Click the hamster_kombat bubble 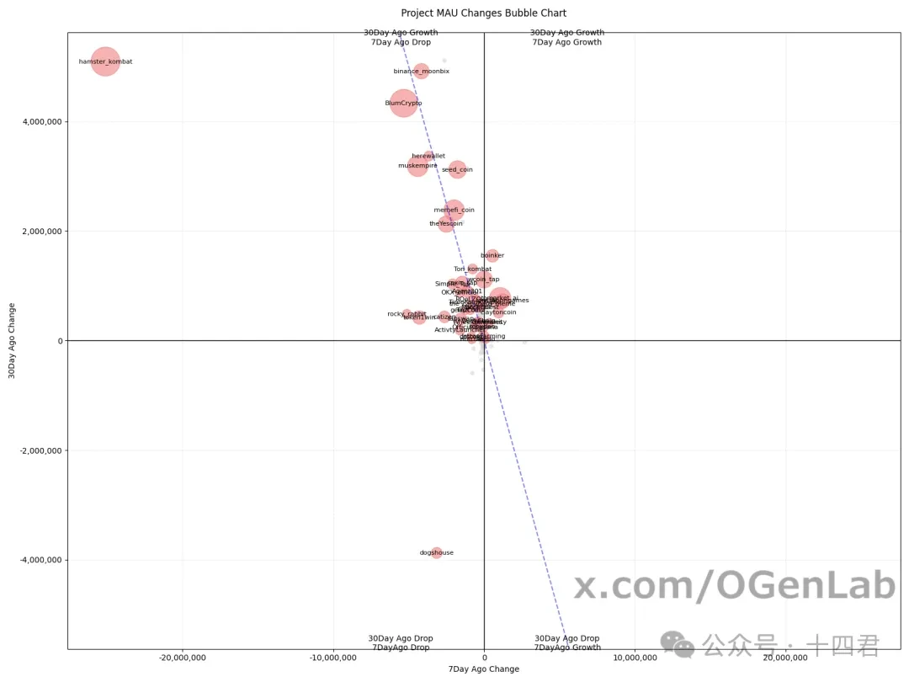click(x=105, y=61)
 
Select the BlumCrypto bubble click(x=404, y=103)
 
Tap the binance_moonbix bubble click(x=422, y=72)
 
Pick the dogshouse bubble click(x=437, y=552)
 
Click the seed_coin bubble click(x=457, y=169)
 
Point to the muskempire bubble click(x=417, y=166)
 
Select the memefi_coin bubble click(x=454, y=210)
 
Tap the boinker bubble click(x=492, y=255)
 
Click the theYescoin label click(x=446, y=223)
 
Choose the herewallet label click(x=428, y=156)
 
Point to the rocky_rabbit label click(x=407, y=314)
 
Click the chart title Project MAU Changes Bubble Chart click(x=483, y=13)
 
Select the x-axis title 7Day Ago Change click(x=484, y=669)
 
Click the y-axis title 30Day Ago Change click(x=12, y=340)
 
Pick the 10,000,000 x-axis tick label click(x=635, y=657)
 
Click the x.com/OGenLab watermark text click(x=734, y=586)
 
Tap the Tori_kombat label click(x=466, y=269)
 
